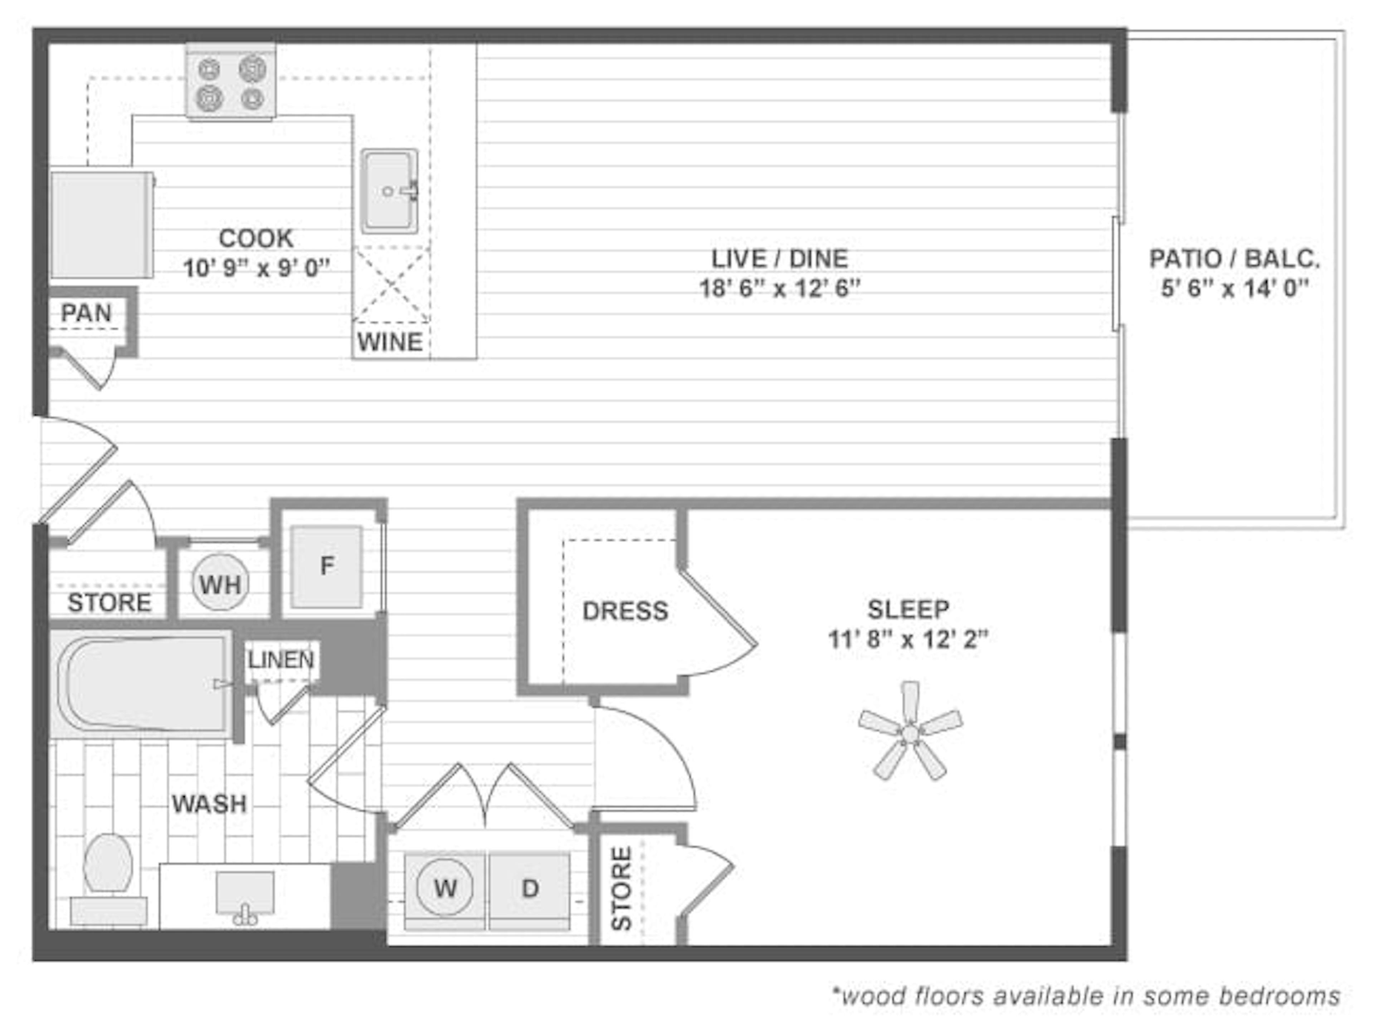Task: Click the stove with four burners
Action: [x=230, y=82]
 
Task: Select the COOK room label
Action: [x=256, y=238]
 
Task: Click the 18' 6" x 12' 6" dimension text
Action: [x=780, y=289]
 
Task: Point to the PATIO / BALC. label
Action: [x=1234, y=259]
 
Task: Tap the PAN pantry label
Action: [x=86, y=312]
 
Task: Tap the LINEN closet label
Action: [x=281, y=660]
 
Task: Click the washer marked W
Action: [x=445, y=888]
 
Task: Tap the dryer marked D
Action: [x=529, y=888]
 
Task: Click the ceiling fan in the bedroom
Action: [x=910, y=733]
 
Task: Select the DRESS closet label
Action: [x=625, y=611]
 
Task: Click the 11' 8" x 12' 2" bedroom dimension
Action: [x=907, y=639]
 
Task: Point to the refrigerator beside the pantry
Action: [x=102, y=225]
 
